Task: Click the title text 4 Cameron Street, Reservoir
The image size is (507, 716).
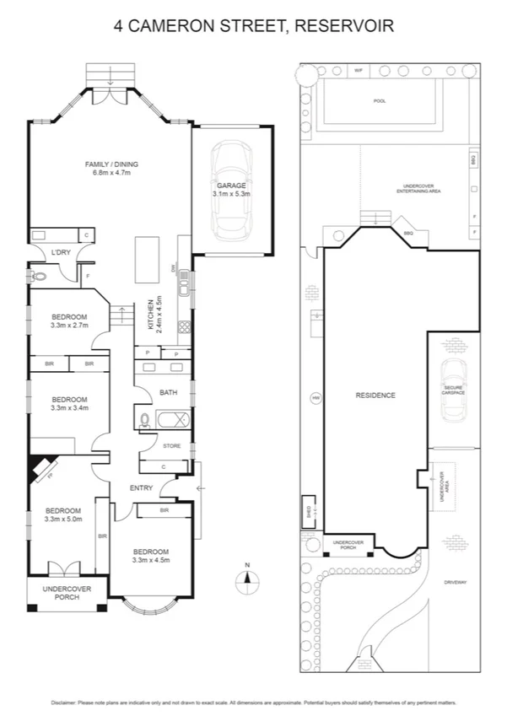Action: pos(253,26)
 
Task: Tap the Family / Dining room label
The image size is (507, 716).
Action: pos(111,168)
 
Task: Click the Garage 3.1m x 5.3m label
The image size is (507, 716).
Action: pos(231,190)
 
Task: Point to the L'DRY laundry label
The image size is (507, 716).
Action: pos(60,252)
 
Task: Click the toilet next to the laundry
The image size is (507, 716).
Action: pos(38,276)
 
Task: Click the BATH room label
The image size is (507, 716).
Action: pos(167,392)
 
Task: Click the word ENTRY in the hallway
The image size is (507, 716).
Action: pos(141,488)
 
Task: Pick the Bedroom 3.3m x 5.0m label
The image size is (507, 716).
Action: pos(63,515)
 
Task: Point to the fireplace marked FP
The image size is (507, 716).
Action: pos(42,469)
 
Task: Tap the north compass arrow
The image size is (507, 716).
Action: pos(246,578)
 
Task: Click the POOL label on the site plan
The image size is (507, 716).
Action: pos(380,100)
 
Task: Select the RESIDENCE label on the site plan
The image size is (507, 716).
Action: pos(375,395)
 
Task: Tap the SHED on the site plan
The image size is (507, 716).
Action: pos(310,509)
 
